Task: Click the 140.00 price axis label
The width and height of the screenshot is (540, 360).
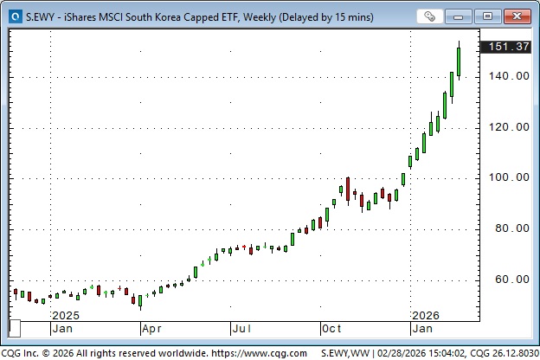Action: [508, 76]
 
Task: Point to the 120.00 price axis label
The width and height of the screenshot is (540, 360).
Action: [508, 127]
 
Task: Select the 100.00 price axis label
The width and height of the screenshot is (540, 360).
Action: [508, 177]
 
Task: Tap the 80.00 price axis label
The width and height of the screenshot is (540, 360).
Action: [511, 228]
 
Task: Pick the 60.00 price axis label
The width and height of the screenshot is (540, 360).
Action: [511, 280]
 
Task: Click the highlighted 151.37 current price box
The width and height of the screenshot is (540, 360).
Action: [508, 47]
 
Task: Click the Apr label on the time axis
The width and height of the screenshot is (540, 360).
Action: [152, 329]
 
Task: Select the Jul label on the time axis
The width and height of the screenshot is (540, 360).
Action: [241, 329]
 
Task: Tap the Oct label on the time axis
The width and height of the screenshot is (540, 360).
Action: [332, 329]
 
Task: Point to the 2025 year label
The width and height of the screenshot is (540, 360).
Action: [66, 315]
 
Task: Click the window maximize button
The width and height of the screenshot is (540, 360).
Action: [488, 16]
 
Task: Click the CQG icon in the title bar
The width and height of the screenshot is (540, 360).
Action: [14, 16]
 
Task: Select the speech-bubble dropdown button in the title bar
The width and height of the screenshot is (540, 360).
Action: [429, 16]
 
